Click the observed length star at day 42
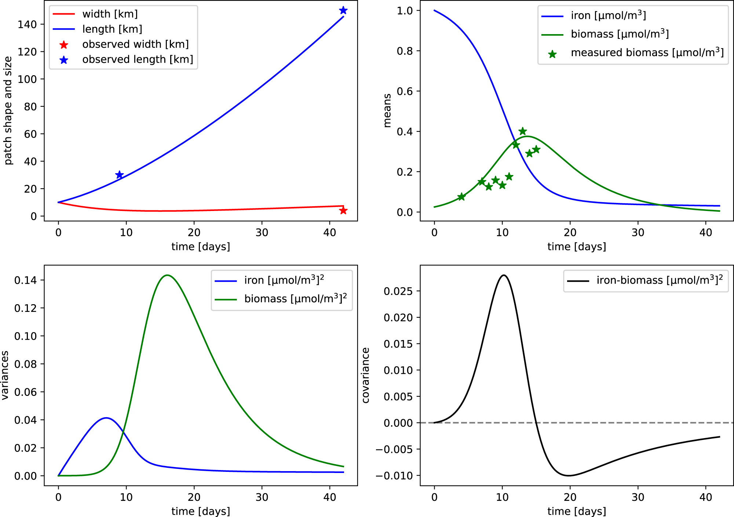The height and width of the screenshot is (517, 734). (343, 10)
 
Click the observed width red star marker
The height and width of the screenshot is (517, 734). (343, 211)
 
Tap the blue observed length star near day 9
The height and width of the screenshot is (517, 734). (119, 175)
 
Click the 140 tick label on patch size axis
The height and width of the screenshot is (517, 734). (27, 24)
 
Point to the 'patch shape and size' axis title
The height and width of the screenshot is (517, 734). (8, 110)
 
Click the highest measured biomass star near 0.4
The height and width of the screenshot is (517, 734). (523, 131)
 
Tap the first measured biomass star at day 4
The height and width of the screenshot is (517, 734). (461, 197)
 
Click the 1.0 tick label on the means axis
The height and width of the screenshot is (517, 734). (405, 11)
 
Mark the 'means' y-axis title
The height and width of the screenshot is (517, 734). (387, 110)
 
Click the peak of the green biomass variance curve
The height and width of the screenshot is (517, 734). (167, 275)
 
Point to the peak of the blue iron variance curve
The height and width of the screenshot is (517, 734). (106, 418)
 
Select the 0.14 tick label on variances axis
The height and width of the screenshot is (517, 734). (25, 280)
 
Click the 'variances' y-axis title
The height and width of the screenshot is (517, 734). (5, 375)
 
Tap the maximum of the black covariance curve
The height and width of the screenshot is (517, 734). (504, 275)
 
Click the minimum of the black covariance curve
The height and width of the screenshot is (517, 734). (569, 476)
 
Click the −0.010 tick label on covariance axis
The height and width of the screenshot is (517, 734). (394, 476)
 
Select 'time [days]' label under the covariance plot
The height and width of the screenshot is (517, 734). (577, 511)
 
